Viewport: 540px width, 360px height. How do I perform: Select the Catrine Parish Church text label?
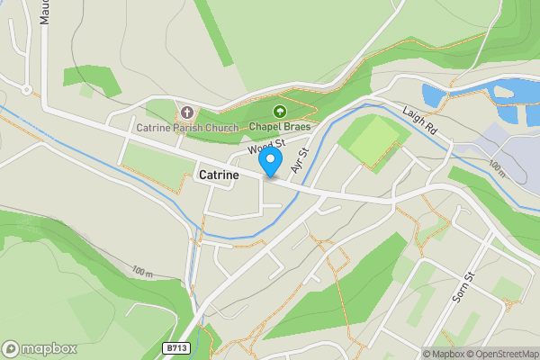[187, 128]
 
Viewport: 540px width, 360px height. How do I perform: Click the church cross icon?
[187, 112]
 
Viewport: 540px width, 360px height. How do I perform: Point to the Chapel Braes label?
[279, 127]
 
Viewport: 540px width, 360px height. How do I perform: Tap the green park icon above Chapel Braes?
[279, 112]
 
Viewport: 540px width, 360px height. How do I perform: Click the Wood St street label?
[266, 146]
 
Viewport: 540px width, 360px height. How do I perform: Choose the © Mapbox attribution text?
[444, 355]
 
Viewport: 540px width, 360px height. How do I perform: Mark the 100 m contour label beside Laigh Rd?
[496, 167]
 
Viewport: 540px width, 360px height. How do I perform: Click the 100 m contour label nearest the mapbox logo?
[141, 272]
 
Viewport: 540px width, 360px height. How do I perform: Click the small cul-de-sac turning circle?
[27, 90]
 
